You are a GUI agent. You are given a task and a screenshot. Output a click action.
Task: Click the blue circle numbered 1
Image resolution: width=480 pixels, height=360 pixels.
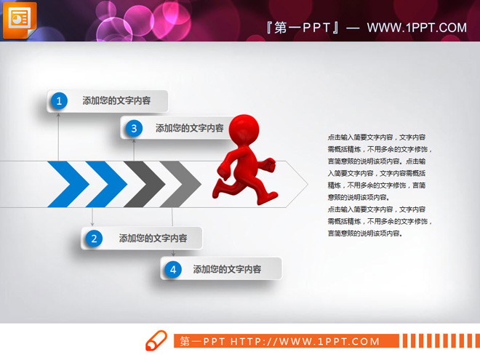[59, 101]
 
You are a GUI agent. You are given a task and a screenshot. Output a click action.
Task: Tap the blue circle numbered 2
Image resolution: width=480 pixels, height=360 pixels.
[93, 238]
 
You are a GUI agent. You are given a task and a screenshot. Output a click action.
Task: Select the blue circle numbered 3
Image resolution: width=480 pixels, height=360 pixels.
[133, 128]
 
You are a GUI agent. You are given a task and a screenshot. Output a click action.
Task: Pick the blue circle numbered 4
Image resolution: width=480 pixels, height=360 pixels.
[172, 269]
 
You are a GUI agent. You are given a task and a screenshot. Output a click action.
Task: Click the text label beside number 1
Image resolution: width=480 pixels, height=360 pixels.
[116, 101]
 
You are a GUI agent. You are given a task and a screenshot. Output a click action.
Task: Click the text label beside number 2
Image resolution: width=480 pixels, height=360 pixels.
[153, 238]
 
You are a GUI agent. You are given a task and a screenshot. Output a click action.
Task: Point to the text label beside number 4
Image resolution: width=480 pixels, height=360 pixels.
[227, 269]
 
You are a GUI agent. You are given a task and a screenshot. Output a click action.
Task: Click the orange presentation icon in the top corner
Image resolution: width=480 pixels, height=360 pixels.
[19, 19]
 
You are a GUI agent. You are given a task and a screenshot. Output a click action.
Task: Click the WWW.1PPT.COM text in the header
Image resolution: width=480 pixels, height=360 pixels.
[416, 28]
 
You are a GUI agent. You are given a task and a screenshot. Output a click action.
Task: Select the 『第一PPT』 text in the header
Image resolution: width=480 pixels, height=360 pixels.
[303, 28]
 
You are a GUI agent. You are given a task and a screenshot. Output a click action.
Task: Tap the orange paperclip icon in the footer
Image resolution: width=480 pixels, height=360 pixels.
[156, 340]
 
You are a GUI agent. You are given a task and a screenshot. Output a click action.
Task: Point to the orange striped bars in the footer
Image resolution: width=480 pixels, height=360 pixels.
[439, 340]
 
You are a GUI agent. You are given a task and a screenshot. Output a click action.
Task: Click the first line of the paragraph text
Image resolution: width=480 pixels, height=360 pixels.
[377, 137]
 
